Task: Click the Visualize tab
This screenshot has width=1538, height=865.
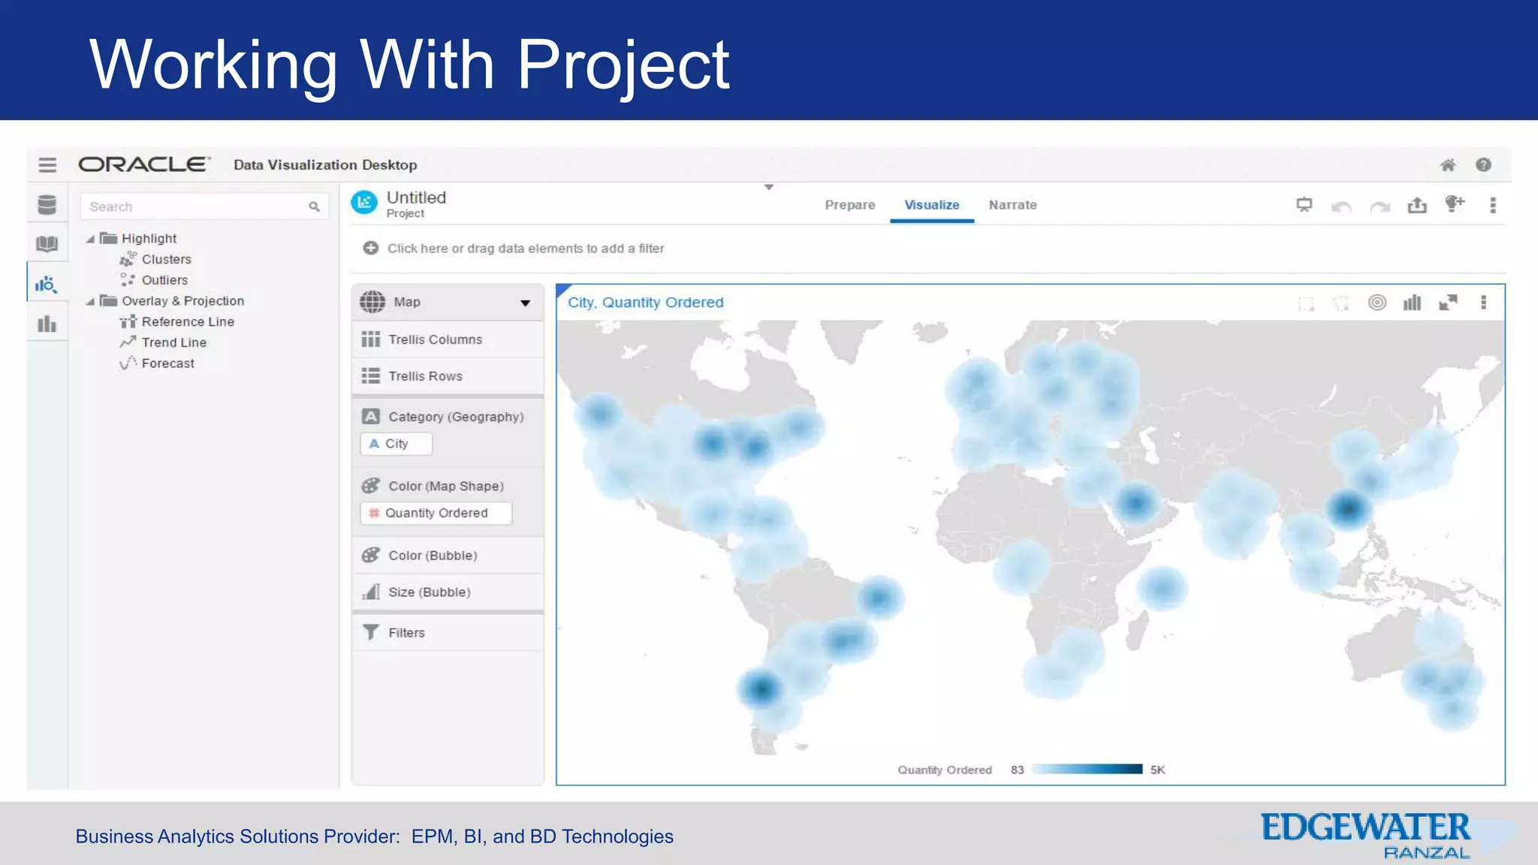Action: [x=931, y=205]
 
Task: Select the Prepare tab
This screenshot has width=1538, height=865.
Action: [x=849, y=205]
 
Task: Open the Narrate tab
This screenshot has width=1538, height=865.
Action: [x=1012, y=205]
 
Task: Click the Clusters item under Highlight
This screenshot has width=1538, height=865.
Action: [x=166, y=259]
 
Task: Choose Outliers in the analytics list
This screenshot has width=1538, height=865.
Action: [x=164, y=280]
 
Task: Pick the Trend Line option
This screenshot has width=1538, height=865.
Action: [x=173, y=342]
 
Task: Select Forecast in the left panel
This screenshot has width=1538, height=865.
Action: [x=167, y=363]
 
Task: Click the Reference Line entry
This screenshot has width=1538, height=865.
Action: [x=188, y=321]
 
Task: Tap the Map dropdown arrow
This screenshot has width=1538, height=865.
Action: [x=525, y=303]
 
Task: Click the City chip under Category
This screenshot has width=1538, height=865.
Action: [x=396, y=444]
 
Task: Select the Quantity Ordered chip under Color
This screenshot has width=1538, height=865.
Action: [x=436, y=513]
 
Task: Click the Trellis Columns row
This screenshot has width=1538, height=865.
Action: [x=435, y=339]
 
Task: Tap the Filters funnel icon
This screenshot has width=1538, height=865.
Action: [x=371, y=632]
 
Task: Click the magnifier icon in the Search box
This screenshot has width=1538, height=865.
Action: [x=314, y=206]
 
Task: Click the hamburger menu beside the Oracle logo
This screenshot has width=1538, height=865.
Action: [x=47, y=164]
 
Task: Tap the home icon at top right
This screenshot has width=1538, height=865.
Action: [x=1447, y=165]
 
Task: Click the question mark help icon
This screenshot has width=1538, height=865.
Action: [x=1483, y=165]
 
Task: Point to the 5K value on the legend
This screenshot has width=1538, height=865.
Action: [x=1157, y=770]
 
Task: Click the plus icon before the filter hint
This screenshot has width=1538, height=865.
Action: [x=370, y=248]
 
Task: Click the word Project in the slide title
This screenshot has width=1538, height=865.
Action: [x=623, y=65]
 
